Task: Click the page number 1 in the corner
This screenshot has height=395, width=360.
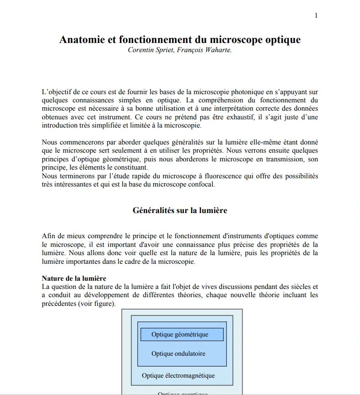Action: (x=316, y=16)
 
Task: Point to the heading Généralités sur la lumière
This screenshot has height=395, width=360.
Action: (x=180, y=210)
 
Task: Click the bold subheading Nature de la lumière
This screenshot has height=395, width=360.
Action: (x=74, y=278)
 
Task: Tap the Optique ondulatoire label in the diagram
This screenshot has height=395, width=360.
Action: (x=178, y=353)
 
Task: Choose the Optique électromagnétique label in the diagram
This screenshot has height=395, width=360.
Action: (x=178, y=376)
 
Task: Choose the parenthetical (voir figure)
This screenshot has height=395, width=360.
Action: (x=97, y=304)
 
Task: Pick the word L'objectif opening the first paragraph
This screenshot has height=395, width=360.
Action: (x=57, y=92)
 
